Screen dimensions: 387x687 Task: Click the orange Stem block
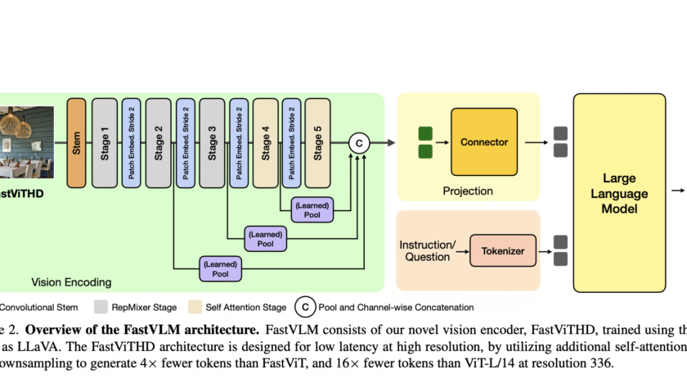click(76, 141)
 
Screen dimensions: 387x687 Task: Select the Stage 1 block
click(104, 141)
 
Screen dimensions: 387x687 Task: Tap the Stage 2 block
click(158, 141)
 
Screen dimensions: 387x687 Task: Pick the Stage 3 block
click(212, 141)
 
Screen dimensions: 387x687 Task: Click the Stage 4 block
click(265, 141)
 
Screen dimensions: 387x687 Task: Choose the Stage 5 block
click(318, 141)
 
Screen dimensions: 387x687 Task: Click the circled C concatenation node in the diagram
click(358, 142)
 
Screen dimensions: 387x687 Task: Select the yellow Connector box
click(484, 142)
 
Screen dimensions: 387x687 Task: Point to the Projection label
click(468, 191)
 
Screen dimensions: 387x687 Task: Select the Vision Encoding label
click(71, 282)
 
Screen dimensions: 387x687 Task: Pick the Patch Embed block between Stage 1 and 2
click(131, 141)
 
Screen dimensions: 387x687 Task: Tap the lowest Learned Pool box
click(220, 268)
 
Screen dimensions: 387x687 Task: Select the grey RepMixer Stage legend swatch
click(101, 308)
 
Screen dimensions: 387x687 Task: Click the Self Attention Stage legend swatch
click(194, 308)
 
